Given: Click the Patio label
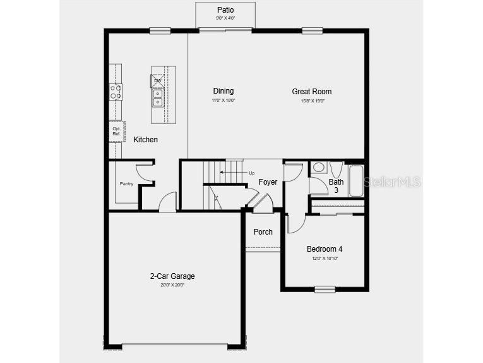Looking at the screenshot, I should click(225, 10).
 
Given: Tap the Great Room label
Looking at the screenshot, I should click(311, 92).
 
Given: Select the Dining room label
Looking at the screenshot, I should click(223, 92).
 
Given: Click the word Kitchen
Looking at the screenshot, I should click(145, 140).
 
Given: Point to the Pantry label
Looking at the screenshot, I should click(126, 184).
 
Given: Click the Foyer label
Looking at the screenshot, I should click(268, 182).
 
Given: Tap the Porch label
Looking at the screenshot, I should click(263, 232).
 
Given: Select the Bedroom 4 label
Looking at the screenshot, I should click(325, 249).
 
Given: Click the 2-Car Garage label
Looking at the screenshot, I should click(172, 276).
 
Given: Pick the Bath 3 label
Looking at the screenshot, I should click(336, 186).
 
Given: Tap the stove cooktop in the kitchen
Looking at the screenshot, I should click(116, 92).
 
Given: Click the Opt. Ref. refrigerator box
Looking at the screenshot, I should click(117, 131).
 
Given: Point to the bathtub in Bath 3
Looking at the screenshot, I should click(355, 181).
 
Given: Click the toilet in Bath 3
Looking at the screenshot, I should click(336, 169).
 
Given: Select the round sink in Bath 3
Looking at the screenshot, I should click(318, 168).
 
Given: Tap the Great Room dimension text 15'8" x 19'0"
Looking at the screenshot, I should click(311, 101).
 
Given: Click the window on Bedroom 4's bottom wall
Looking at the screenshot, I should click(325, 289).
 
